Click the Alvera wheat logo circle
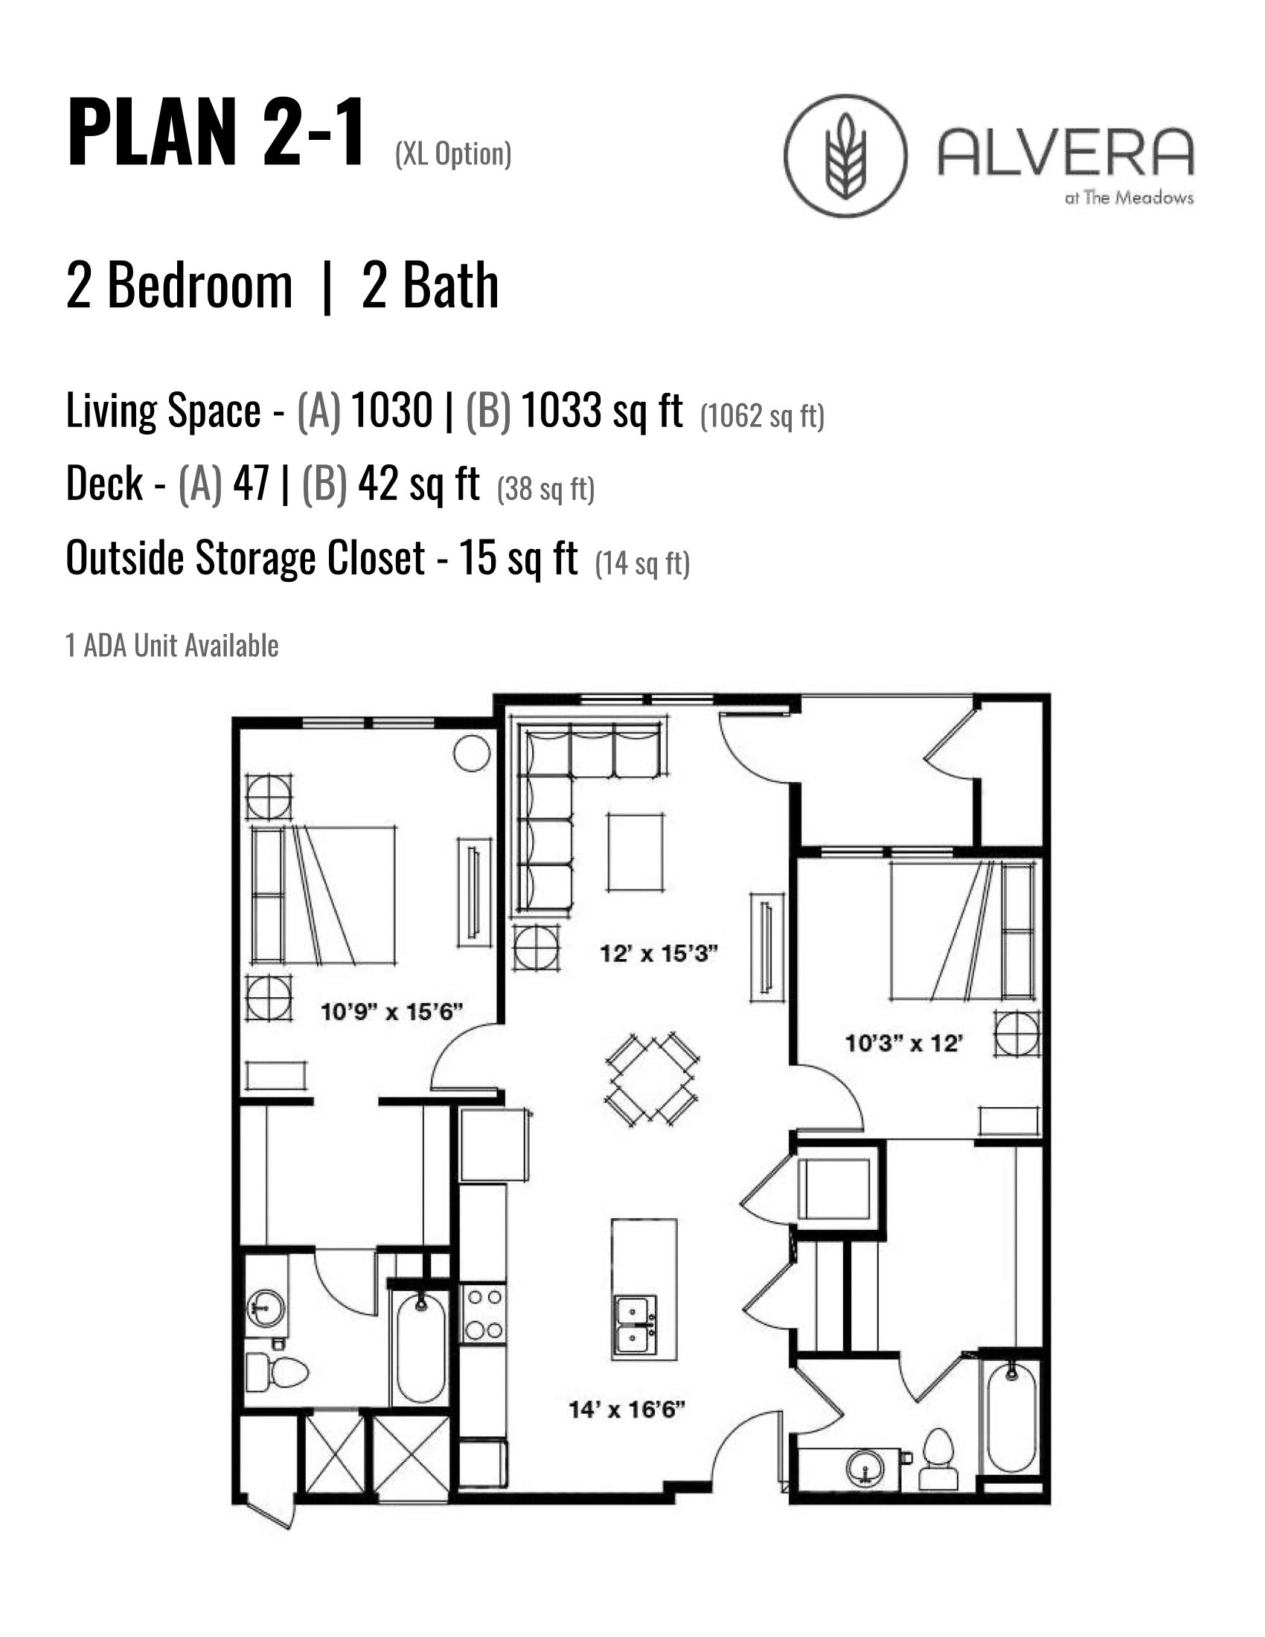coord(845,156)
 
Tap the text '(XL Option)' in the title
coord(452,154)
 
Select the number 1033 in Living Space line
coord(561,411)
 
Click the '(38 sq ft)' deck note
coord(545,489)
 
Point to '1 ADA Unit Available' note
coord(172,645)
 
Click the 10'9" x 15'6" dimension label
coord(391,1012)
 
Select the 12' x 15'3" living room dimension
coord(659,953)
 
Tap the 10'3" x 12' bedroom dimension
coord(903,1042)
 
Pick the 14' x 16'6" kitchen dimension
coord(627,1410)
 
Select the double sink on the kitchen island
coord(634,1324)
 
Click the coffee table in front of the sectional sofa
coord(635,852)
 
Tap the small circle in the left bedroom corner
coord(472,752)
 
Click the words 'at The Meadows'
coord(1129,198)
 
